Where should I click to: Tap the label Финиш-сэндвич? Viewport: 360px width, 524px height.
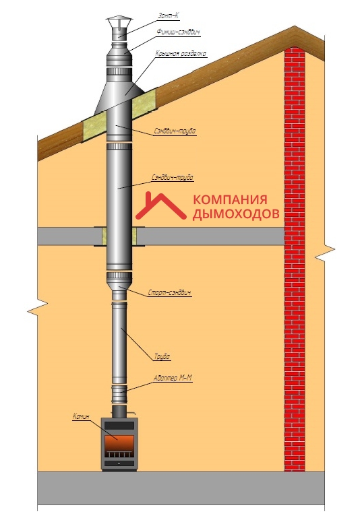coord(178,32)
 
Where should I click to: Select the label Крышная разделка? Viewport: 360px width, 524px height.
coord(181,53)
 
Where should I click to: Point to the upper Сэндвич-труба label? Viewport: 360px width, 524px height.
coord(175,131)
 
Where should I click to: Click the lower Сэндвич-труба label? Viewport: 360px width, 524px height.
coord(173,178)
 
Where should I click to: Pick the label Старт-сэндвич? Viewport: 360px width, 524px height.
coord(169,293)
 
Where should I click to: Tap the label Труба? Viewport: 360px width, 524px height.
coord(162,356)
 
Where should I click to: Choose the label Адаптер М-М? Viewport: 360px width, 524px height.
coord(173,378)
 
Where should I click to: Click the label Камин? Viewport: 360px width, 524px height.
coord(82,416)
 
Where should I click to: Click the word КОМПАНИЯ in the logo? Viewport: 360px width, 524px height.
coord(230,200)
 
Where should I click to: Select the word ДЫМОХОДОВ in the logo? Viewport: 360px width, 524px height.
coord(236,214)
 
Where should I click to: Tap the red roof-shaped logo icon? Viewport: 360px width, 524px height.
coord(160,207)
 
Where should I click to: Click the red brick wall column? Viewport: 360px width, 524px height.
coord(295,259)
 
